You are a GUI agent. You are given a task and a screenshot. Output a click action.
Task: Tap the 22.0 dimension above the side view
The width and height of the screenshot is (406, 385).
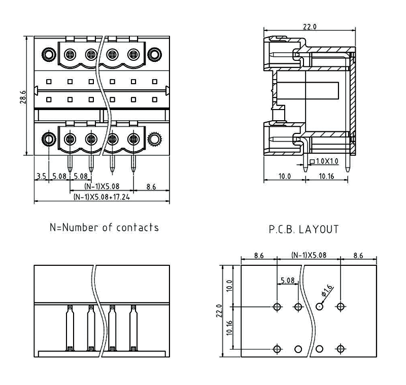[310, 27]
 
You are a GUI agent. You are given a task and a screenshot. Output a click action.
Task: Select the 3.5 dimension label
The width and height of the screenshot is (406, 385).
[41, 177]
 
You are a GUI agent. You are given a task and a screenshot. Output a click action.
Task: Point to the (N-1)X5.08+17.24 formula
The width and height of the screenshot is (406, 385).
[101, 197]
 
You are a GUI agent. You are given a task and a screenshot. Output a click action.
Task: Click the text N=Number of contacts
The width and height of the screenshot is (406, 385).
[104, 227]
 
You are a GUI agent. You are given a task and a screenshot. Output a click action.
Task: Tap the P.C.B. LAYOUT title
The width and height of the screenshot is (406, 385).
[303, 229]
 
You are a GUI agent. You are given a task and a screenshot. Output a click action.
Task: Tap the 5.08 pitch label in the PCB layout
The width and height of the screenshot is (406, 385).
[287, 280]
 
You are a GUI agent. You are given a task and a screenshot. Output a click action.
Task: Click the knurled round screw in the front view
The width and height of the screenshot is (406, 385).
[154, 139]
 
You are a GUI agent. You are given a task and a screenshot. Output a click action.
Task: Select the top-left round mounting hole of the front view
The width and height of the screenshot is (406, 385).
[48, 54]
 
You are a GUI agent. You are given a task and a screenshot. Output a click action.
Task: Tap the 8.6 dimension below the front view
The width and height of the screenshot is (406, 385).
[151, 187]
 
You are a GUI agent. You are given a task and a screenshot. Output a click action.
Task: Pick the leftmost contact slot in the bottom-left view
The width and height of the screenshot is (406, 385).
[70, 328]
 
